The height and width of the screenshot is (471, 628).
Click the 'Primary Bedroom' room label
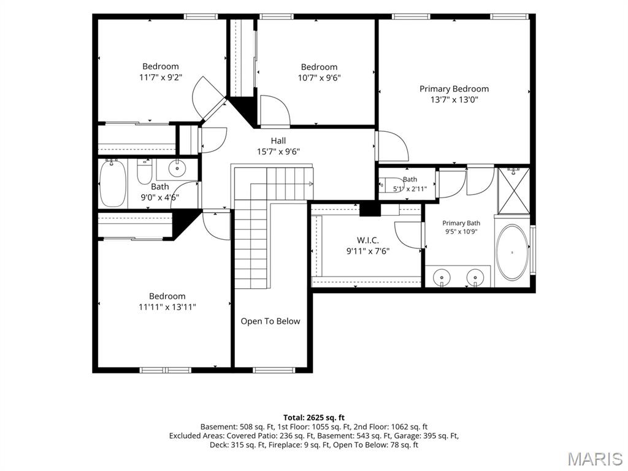(x=454, y=89)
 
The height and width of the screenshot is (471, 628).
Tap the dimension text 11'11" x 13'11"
(x=167, y=307)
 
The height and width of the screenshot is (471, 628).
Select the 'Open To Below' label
(x=270, y=321)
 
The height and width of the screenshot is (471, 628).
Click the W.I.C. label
(x=368, y=240)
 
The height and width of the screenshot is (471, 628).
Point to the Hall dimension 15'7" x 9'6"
(x=278, y=151)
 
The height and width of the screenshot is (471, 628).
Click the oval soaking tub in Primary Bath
(x=512, y=252)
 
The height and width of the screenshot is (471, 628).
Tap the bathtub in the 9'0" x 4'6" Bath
(x=113, y=183)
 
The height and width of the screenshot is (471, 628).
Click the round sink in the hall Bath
(x=176, y=168)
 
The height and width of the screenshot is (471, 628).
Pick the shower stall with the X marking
(x=514, y=191)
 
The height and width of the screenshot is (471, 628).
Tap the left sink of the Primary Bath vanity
(x=442, y=277)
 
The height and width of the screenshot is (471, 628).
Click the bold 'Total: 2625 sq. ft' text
(x=313, y=418)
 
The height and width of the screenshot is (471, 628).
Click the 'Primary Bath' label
(x=461, y=223)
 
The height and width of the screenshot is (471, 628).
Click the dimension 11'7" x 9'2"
(x=161, y=77)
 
